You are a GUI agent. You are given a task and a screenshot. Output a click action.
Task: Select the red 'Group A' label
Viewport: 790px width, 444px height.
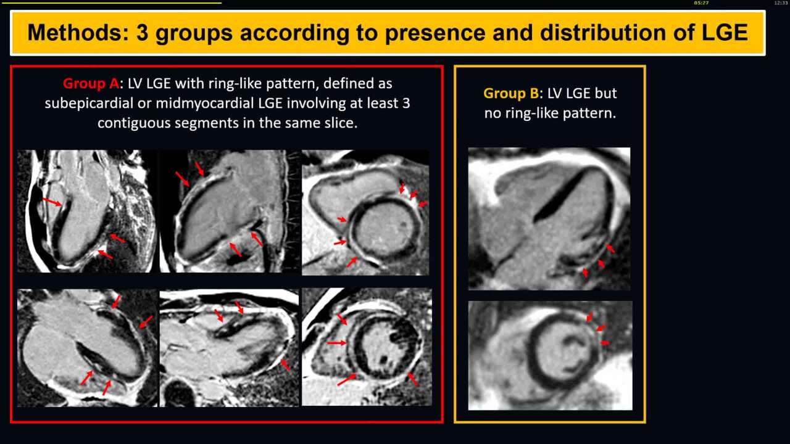tap(91, 83)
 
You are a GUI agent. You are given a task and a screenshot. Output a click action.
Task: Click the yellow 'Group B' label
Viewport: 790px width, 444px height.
tap(510, 93)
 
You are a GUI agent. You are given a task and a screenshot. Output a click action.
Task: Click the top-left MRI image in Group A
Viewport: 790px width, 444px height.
tap(86, 211)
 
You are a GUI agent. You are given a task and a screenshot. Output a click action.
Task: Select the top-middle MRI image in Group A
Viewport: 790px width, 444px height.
tap(229, 211)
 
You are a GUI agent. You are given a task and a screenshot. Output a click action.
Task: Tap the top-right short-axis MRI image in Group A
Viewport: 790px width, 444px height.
tap(365, 212)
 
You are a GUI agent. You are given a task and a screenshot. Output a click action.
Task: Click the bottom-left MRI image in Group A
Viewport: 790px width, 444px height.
tap(87, 348)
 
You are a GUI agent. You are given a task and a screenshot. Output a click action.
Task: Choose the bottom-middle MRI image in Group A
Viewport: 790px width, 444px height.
tap(229, 348)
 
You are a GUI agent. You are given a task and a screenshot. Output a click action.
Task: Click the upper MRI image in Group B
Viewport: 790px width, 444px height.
tap(549, 218)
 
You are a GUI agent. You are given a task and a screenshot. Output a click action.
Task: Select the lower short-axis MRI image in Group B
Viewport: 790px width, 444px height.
tap(550, 355)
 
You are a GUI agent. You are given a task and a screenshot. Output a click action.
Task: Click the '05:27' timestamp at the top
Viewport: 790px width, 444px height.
tap(701, 3)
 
